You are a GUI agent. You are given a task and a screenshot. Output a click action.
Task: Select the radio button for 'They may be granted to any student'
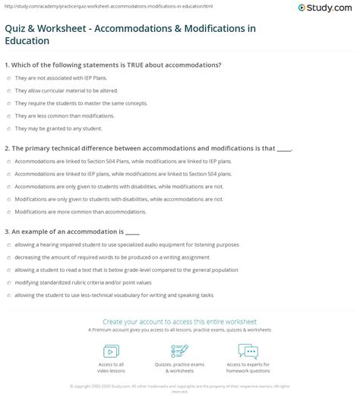tap(7, 128)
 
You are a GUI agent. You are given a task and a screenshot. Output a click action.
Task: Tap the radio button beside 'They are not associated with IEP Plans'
tap(7, 78)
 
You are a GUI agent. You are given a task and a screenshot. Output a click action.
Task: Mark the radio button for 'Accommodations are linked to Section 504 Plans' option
tap(7, 162)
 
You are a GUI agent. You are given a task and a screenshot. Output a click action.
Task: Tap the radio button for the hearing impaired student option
tap(7, 245)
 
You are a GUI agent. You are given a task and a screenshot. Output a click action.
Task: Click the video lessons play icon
tap(111, 350)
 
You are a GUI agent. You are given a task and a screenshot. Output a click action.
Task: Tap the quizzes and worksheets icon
tap(180, 350)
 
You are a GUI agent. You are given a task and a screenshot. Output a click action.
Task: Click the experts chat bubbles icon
tap(248, 350)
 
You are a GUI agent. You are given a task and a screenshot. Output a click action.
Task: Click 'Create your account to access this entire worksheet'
tap(180, 321)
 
